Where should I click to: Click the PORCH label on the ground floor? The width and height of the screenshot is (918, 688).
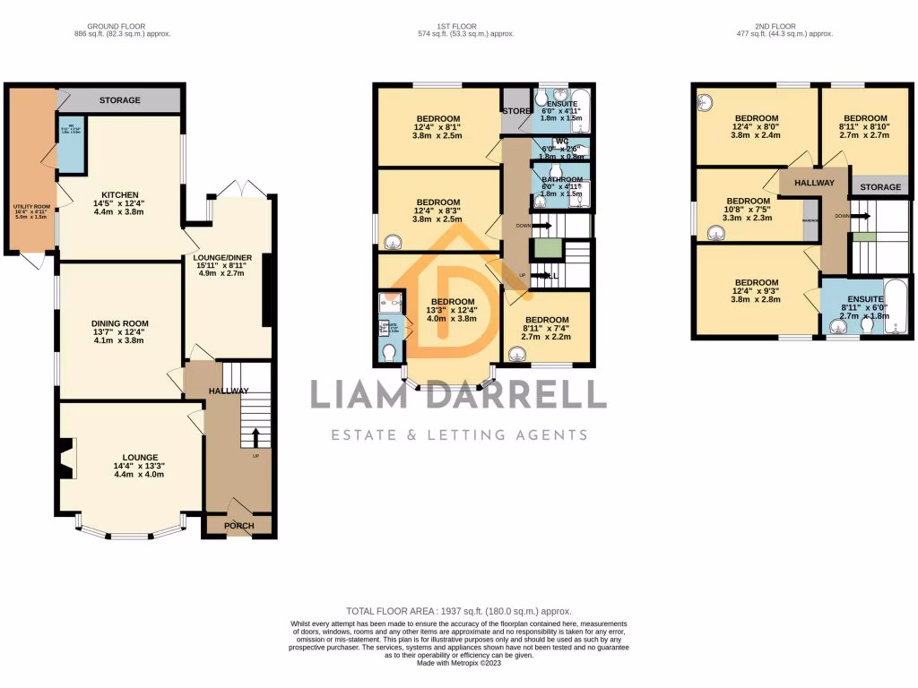pos(239,526)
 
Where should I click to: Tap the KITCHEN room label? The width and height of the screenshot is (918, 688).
pos(119,194)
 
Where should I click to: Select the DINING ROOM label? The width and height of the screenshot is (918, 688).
pos(119,323)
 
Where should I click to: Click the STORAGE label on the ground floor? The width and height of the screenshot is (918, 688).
pos(120,100)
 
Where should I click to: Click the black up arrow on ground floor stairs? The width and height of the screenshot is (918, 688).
pos(255,437)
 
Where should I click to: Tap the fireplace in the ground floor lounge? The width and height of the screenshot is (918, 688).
pos(65,459)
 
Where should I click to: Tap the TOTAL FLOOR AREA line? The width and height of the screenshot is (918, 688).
pos(458,609)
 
